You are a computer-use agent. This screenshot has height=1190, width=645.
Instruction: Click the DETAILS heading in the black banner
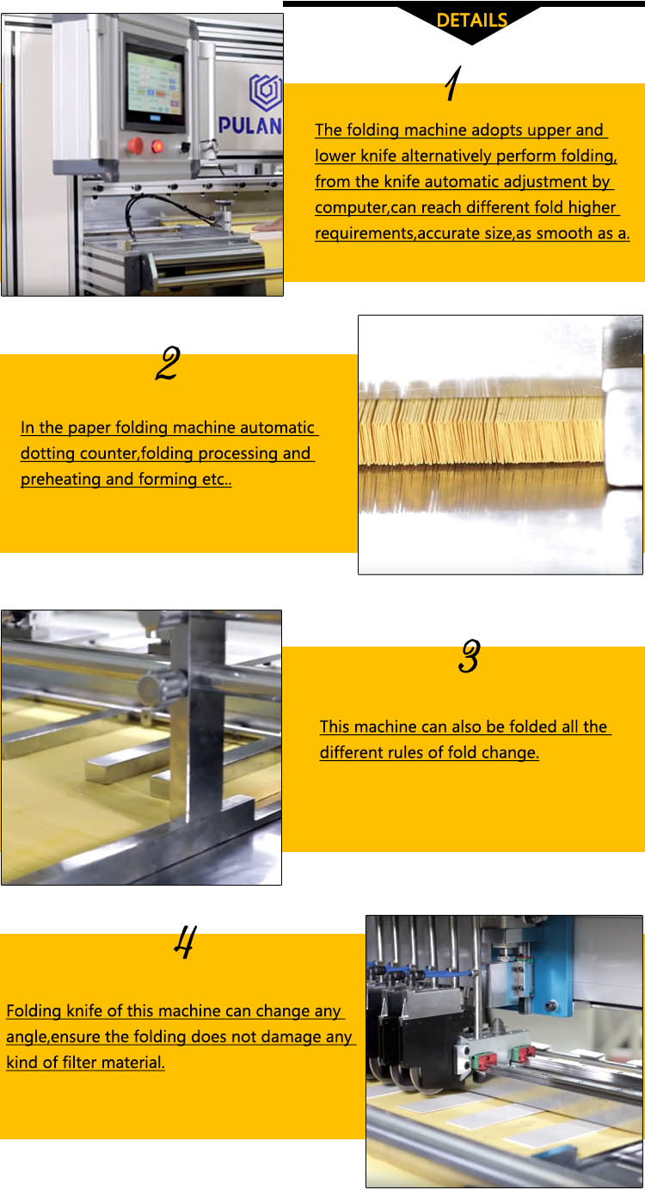coord(472,20)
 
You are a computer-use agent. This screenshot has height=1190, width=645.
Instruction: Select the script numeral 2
coord(167,365)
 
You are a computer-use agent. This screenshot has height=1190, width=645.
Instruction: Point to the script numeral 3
coord(469,657)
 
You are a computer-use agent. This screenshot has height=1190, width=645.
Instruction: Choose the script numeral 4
coord(184,942)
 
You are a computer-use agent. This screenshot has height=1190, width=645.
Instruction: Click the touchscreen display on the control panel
coord(155,88)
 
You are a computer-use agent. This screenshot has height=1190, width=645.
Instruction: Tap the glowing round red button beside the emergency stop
coord(158,146)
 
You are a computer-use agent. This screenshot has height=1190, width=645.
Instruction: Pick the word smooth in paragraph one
coord(563,233)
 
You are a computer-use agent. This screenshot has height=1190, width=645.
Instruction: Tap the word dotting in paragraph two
coord(50,453)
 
